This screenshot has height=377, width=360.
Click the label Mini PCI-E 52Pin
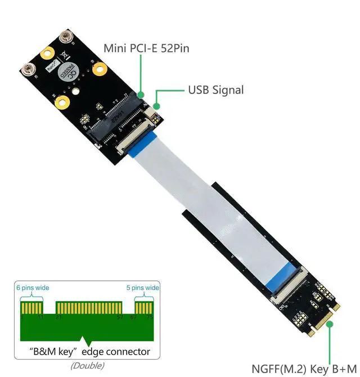(x=146, y=48)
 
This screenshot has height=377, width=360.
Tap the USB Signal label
(x=215, y=89)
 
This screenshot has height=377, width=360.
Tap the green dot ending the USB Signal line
(x=157, y=105)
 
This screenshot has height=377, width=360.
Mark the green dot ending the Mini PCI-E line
(x=141, y=94)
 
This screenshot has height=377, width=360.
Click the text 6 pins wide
(x=33, y=288)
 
